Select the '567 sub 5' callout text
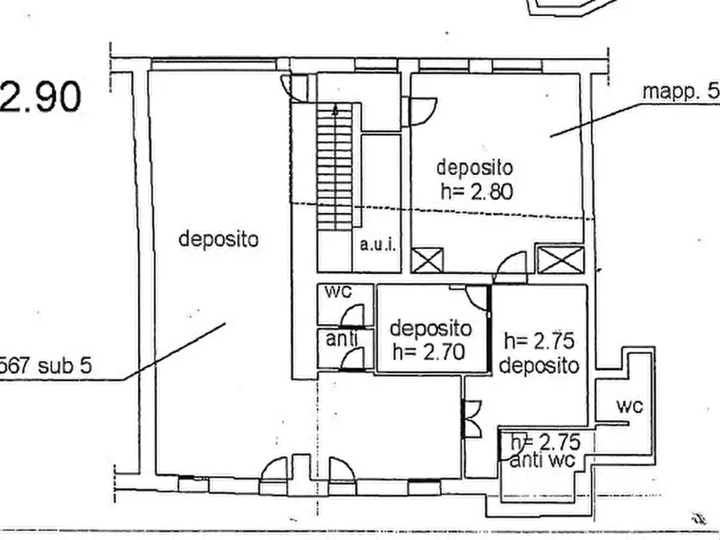click(46, 365)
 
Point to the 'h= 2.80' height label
click(477, 191)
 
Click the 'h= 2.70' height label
click(431, 351)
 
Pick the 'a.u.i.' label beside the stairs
click(377, 244)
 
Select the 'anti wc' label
click(542, 461)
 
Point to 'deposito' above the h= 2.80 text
click(474, 168)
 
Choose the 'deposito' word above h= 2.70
click(431, 329)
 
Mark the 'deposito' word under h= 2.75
click(539, 365)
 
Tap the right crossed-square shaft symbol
click(559, 261)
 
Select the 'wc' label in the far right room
click(629, 407)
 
